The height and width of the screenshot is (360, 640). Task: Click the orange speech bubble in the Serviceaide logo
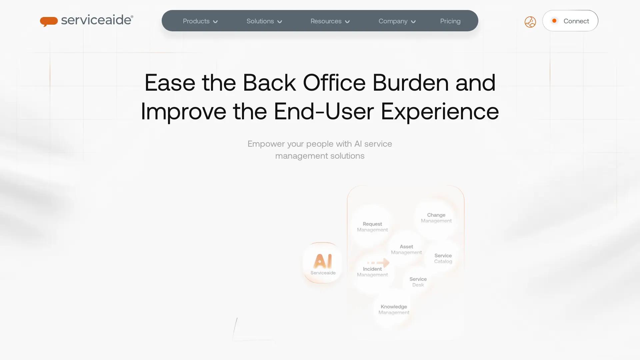click(x=49, y=21)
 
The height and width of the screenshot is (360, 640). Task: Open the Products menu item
click(x=196, y=21)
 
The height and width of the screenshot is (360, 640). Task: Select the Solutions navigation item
click(x=260, y=21)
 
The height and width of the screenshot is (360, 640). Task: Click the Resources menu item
click(x=326, y=21)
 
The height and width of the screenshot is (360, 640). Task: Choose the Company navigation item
click(x=393, y=21)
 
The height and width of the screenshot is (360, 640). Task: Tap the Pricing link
click(x=450, y=21)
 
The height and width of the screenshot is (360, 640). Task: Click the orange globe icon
click(x=530, y=22)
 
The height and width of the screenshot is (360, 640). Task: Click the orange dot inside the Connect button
click(x=554, y=21)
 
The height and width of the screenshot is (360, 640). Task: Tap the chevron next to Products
click(x=215, y=22)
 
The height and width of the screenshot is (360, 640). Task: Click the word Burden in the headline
click(x=410, y=82)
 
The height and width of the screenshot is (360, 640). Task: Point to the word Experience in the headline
click(x=440, y=111)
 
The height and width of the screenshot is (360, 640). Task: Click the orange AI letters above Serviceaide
click(x=322, y=261)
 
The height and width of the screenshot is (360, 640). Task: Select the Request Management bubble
click(x=372, y=227)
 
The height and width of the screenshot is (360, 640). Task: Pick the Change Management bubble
click(x=436, y=218)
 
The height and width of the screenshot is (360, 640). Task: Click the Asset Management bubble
click(x=406, y=249)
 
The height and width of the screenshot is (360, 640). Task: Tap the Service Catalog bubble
click(x=443, y=258)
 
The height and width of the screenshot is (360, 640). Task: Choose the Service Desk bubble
click(x=418, y=282)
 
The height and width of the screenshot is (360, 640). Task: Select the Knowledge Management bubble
click(x=394, y=309)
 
